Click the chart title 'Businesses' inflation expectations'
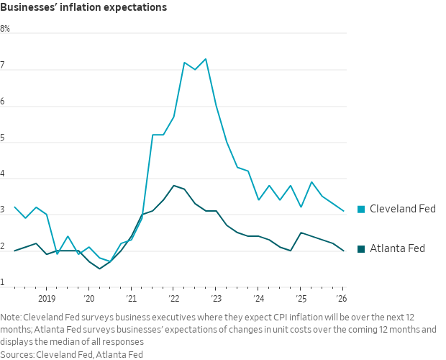point(83,8)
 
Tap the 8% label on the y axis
point(6,29)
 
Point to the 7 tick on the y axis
point(3,66)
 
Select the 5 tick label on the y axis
point(3,138)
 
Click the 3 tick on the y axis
point(3,210)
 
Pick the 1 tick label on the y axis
point(3,283)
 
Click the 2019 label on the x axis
point(47,298)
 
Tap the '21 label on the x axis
point(131,298)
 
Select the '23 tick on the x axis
point(216,298)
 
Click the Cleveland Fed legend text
point(404,209)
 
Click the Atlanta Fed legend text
point(397,248)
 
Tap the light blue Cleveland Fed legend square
point(362,209)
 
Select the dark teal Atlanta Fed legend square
point(362,249)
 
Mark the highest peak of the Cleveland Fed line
point(206,59)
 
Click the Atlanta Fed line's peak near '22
point(173,185)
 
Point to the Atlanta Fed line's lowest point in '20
point(100,269)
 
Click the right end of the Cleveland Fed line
point(344,211)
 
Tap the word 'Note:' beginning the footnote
point(11,317)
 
